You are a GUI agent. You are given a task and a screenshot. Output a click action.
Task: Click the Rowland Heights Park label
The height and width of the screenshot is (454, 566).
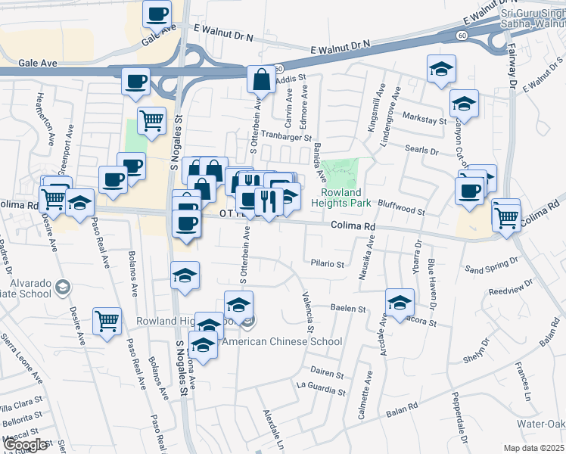[350, 197]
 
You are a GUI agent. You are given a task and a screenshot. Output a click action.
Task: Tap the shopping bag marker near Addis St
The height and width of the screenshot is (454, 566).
[261, 79]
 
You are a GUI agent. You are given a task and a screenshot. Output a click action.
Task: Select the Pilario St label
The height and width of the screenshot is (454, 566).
[328, 264]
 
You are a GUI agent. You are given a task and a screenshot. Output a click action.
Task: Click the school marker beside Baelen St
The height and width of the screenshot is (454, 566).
[400, 302]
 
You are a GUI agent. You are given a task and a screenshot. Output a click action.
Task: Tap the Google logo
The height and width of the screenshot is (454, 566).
[26, 445]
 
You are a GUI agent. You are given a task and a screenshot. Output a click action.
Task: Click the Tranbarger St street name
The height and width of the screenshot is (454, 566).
[287, 138]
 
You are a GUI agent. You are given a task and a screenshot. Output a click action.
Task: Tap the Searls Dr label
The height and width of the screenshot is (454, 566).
[422, 151]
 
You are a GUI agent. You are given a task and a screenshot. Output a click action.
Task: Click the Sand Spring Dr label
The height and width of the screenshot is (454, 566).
[492, 265]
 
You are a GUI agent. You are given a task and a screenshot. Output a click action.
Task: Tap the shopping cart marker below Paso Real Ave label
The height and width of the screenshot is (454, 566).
[107, 320]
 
